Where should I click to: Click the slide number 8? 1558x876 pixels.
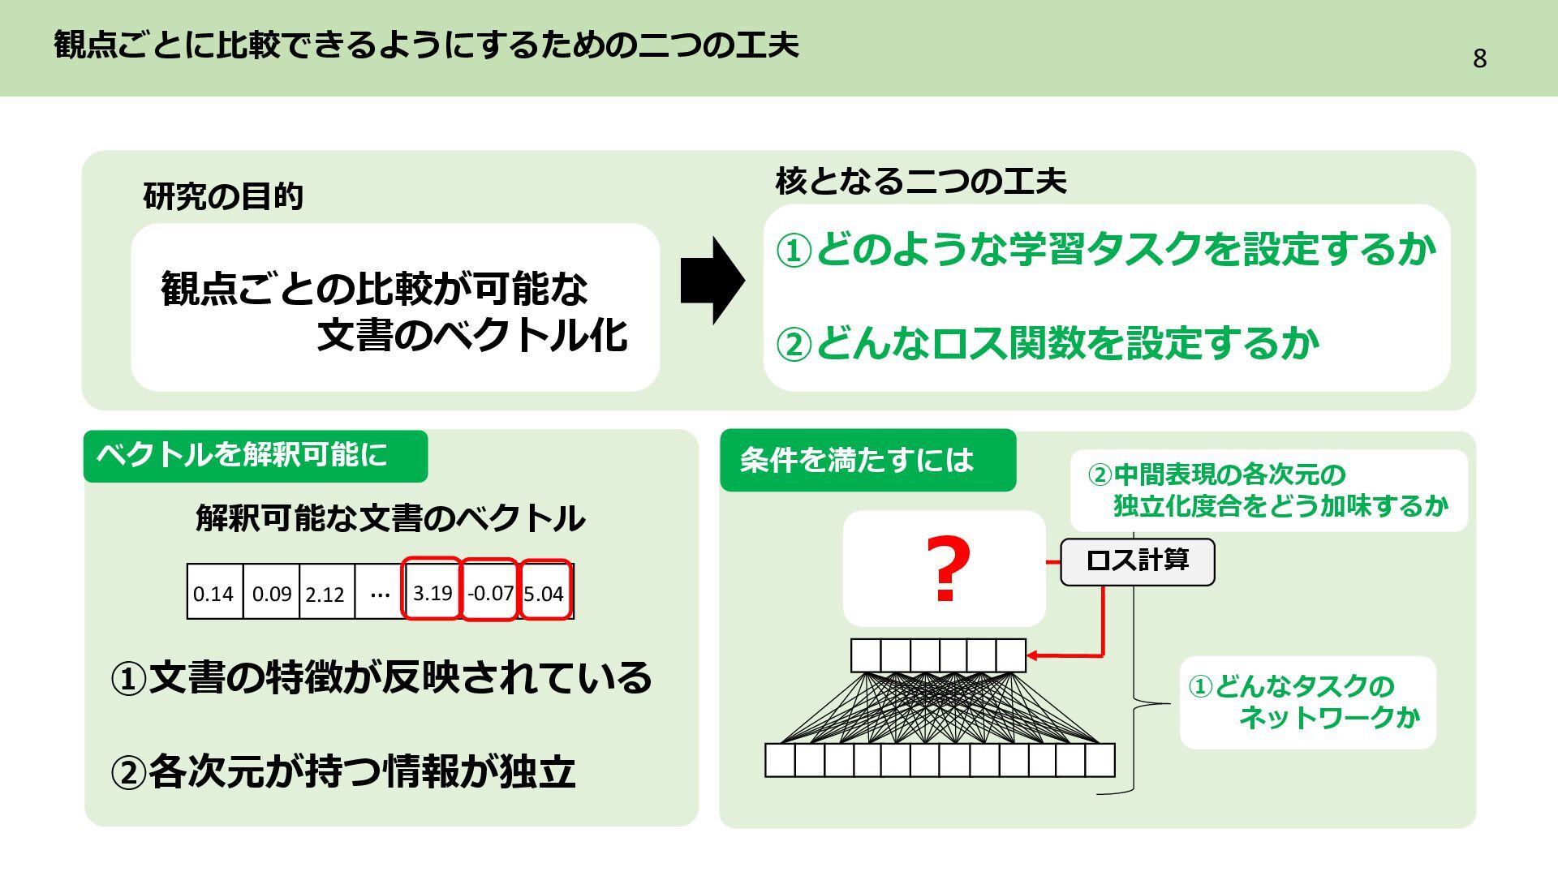pyautogui.click(x=1479, y=58)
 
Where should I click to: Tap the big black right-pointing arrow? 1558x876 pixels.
pyautogui.click(x=712, y=281)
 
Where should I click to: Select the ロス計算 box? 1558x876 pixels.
pyautogui.click(x=1137, y=561)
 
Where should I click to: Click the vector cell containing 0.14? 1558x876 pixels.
pyautogui.click(x=214, y=593)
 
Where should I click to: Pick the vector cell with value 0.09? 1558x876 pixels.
pyautogui.click(x=271, y=593)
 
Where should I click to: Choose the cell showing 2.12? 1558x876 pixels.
pyautogui.click(x=325, y=594)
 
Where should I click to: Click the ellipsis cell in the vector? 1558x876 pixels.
pyautogui.click(x=379, y=593)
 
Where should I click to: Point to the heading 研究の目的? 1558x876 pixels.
pyautogui.click(x=223, y=196)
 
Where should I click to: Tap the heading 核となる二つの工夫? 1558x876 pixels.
pyautogui.click(x=920, y=180)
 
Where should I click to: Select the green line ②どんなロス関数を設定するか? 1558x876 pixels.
pyautogui.click(x=1048, y=343)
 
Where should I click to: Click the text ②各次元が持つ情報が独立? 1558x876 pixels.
pyautogui.click(x=342, y=771)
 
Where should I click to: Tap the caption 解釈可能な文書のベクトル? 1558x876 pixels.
pyautogui.click(x=389, y=518)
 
